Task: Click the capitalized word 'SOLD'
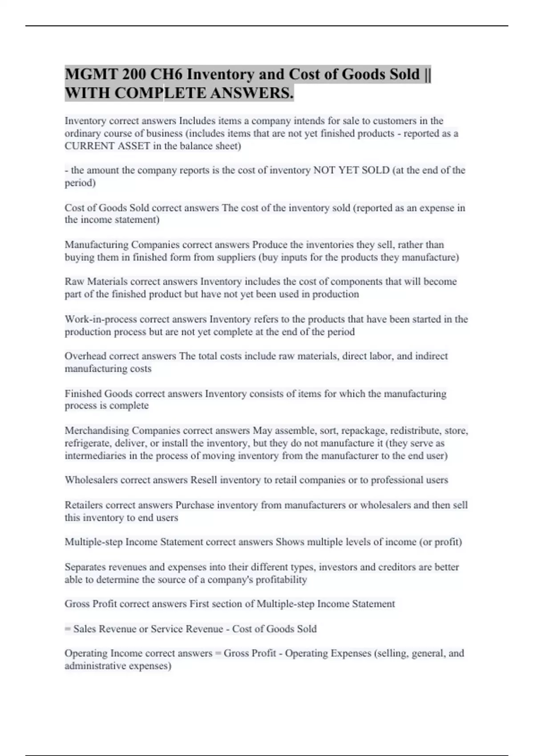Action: (376, 170)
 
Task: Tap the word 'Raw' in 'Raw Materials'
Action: (74, 281)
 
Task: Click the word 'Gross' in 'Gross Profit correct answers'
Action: (77, 604)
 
